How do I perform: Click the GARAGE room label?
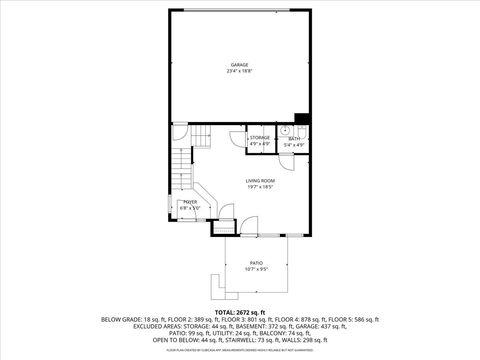239,65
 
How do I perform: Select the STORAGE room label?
260,137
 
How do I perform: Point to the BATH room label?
294,139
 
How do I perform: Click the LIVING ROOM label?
260,180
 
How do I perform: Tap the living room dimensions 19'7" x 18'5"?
260,187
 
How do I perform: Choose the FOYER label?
189,202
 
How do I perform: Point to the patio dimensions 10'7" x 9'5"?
256,269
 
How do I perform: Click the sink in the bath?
284,131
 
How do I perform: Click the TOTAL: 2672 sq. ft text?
240,312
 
